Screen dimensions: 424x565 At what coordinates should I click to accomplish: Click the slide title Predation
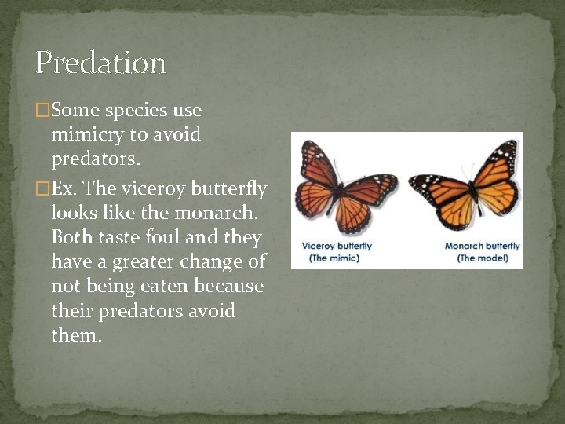click(100, 63)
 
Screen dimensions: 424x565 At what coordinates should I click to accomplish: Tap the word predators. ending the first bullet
click(96, 159)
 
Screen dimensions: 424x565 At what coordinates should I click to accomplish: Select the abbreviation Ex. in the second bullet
click(64, 189)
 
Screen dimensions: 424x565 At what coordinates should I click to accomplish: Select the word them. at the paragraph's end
click(76, 335)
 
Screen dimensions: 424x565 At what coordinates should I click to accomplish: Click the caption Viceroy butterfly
click(337, 246)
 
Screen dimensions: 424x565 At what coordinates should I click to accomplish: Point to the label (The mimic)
click(334, 258)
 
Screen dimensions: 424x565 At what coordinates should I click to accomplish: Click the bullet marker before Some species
click(42, 111)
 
